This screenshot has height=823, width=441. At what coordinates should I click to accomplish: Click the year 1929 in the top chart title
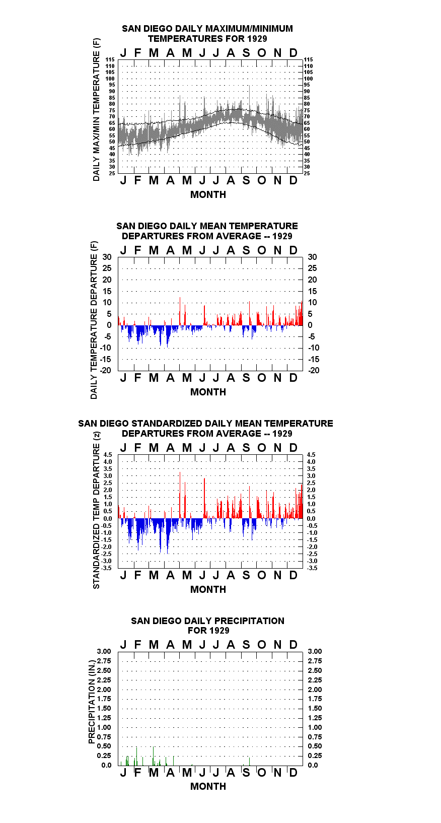tap(257, 39)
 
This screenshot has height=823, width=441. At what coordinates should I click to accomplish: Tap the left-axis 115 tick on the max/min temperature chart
tap(110, 59)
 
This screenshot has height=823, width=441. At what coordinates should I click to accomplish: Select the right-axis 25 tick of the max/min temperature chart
tap(307, 173)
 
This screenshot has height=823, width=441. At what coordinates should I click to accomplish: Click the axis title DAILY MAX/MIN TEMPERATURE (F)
tap(96, 109)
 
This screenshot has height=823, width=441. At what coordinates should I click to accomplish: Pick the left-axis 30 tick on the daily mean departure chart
tap(107, 257)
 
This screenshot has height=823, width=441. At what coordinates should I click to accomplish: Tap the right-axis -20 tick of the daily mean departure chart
tap(314, 370)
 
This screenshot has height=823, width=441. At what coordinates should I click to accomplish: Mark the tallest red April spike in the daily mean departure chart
tap(180, 311)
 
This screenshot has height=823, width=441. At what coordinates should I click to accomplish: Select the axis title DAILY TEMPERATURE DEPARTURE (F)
tap(94, 320)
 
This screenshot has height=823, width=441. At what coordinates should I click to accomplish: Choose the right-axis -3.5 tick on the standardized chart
tap(312, 568)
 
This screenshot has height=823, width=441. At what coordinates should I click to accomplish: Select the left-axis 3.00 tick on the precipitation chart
tap(104, 651)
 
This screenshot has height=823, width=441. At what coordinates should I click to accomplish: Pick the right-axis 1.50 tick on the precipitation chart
tap(315, 708)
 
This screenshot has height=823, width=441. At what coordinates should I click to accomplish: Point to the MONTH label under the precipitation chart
tap(208, 786)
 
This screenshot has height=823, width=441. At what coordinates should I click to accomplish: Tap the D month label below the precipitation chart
tap(293, 773)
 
